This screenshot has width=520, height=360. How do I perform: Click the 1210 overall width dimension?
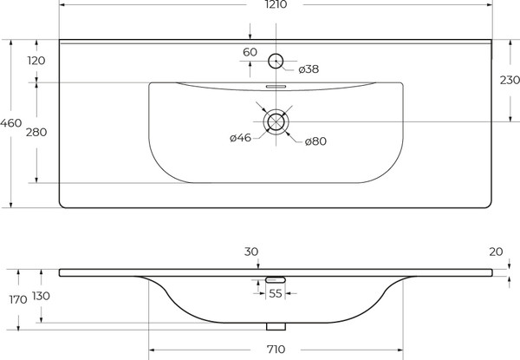(276, 4)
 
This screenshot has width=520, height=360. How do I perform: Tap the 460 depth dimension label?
(11, 123)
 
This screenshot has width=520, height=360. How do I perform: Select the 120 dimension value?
(36, 61)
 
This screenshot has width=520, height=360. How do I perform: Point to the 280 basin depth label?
(36, 133)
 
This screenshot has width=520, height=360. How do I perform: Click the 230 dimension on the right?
(510, 80)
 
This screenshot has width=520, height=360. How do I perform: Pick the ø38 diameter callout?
(309, 69)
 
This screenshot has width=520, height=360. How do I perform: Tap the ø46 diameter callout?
(240, 138)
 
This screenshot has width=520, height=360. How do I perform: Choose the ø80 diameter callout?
(315, 141)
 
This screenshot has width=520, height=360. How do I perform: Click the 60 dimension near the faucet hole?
(250, 52)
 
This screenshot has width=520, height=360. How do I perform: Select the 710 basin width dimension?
(276, 350)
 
